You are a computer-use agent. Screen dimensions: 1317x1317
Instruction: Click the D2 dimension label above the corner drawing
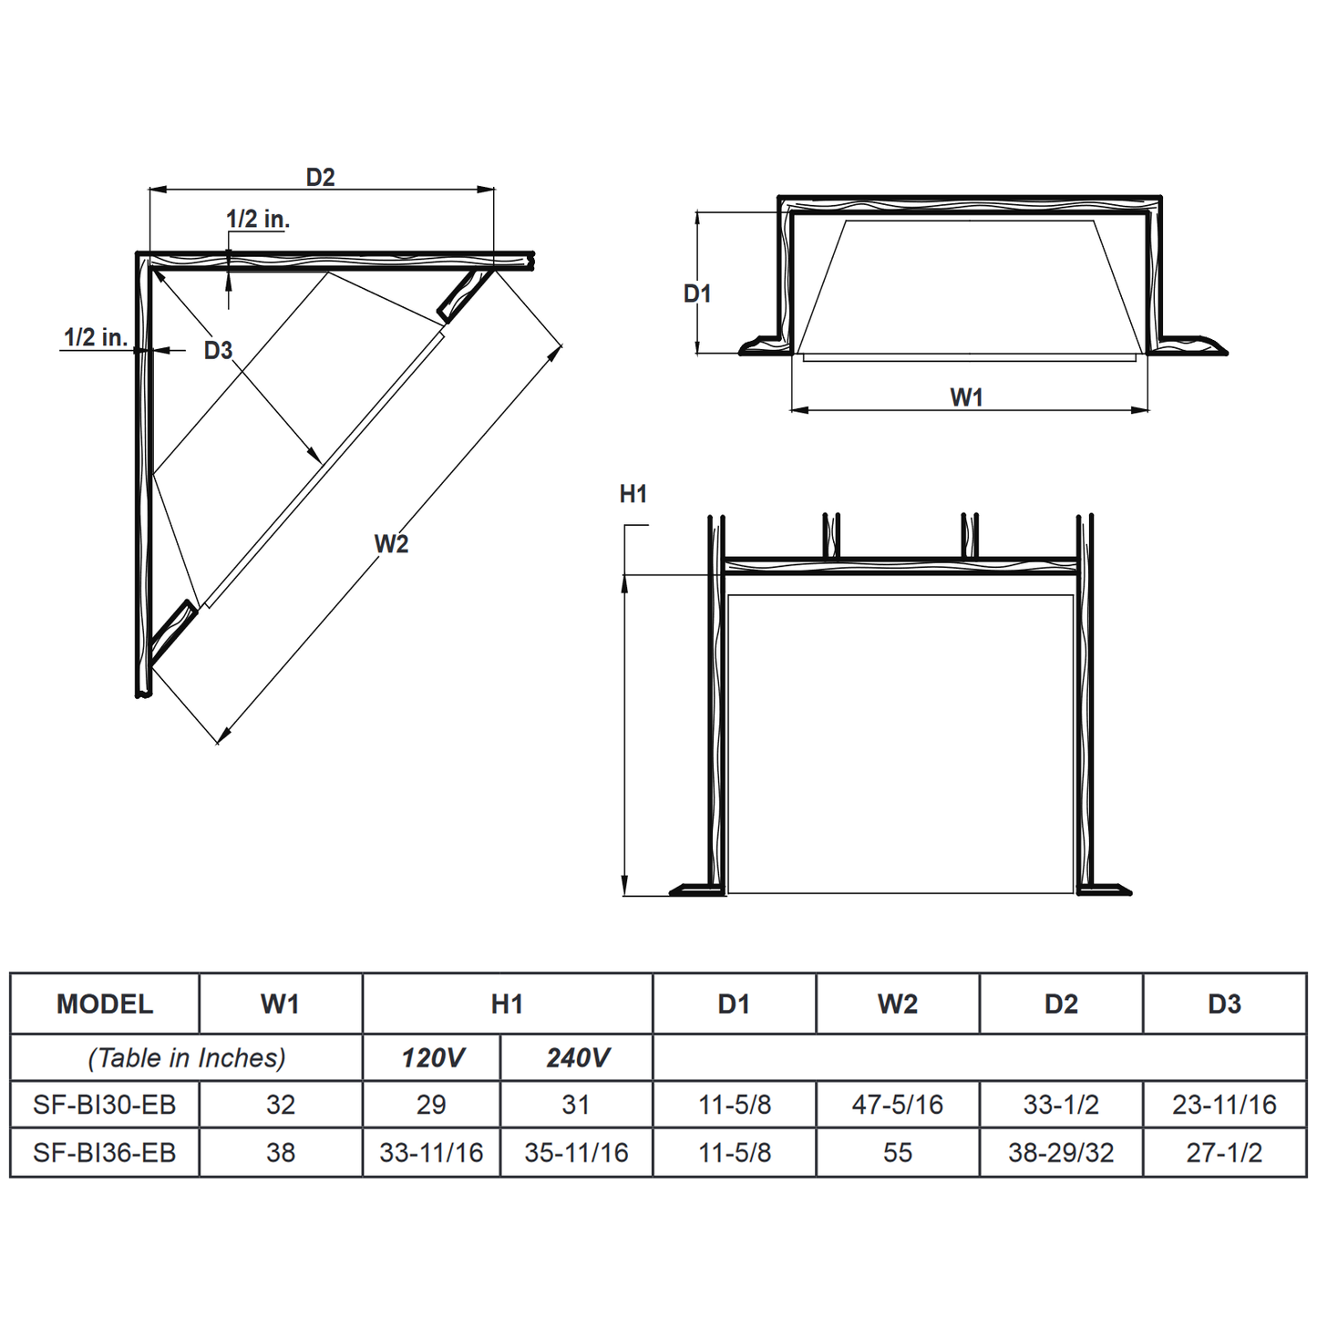(320, 177)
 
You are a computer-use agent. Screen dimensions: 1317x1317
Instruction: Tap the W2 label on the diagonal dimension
(391, 544)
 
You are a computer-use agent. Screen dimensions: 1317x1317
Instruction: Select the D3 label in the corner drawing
(218, 350)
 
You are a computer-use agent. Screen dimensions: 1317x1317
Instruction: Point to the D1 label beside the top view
(697, 293)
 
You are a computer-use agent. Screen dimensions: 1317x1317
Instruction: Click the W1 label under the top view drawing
(966, 397)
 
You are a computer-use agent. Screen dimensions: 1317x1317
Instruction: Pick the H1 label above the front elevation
(633, 494)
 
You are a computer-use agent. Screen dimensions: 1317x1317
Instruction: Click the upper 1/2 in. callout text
(258, 219)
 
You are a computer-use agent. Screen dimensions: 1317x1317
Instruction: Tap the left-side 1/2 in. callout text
(95, 337)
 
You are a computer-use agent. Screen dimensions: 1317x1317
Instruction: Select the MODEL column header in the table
(105, 1004)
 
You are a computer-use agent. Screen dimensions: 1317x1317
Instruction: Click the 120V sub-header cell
(432, 1058)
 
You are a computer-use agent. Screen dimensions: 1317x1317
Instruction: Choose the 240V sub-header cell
(577, 1058)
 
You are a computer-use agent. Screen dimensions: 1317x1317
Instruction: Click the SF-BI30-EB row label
(105, 1105)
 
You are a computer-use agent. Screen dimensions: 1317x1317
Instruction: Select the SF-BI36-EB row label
(105, 1153)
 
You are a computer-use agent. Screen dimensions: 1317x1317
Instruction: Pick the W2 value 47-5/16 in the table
(897, 1105)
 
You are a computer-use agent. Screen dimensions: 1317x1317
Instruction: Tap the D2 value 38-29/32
(1061, 1153)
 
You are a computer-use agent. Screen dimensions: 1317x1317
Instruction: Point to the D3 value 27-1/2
(1224, 1153)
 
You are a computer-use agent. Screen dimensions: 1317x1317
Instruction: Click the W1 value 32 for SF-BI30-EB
(281, 1105)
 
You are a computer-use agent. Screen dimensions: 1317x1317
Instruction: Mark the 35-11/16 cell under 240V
(576, 1153)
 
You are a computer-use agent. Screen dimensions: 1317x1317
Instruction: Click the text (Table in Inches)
(187, 1058)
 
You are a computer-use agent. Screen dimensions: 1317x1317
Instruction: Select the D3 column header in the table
(1224, 1004)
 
